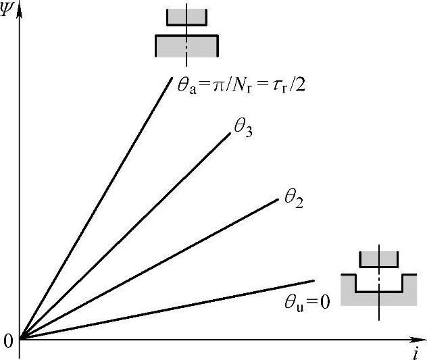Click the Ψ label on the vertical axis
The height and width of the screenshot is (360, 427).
click(7, 12)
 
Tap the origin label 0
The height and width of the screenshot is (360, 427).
click(8, 341)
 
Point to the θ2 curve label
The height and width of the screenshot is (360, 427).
click(293, 198)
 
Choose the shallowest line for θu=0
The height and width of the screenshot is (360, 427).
click(169, 309)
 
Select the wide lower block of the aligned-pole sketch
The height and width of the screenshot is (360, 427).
click(186, 45)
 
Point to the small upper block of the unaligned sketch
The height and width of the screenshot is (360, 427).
click(379, 257)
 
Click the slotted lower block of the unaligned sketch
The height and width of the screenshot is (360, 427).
click(379, 297)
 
